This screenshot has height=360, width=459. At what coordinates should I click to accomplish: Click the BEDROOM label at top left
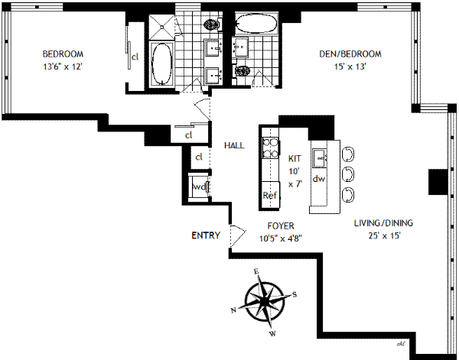[x=63, y=54]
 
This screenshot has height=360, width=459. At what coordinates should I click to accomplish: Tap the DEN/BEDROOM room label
[x=350, y=54]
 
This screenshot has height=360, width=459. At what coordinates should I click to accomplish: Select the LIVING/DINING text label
[x=383, y=223]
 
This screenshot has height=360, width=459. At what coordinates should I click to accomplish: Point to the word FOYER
[x=281, y=226]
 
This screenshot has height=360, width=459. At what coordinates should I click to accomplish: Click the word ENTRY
[x=206, y=235]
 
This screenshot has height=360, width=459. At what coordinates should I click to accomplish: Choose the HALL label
[x=234, y=145]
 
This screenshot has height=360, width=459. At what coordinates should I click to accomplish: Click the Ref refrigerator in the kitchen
[x=270, y=195]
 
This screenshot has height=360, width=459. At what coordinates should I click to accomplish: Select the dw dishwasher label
[x=320, y=179]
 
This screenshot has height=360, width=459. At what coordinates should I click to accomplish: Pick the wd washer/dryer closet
[x=199, y=186]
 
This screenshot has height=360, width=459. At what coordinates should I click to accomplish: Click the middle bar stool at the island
[x=348, y=173]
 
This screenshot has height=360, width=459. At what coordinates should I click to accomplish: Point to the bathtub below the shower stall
[x=162, y=64]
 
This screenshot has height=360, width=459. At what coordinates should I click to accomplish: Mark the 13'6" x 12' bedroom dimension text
[x=63, y=66]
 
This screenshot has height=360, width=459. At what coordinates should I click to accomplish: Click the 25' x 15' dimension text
[x=383, y=235]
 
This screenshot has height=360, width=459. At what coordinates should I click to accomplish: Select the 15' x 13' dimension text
[x=350, y=66]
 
